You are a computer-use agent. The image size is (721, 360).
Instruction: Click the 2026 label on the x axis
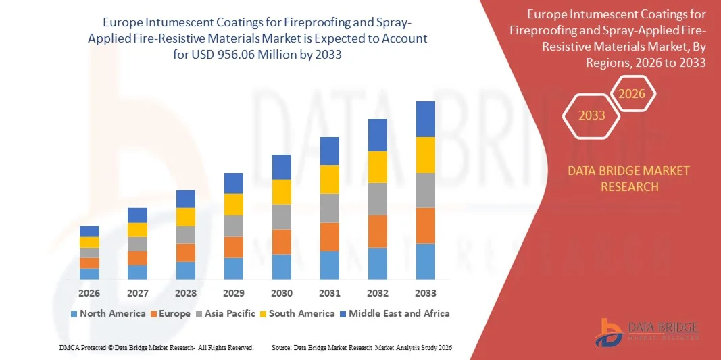(x=89, y=293)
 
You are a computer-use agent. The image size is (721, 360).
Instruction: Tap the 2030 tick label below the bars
(x=282, y=293)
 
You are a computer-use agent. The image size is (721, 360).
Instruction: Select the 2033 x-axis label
(x=425, y=293)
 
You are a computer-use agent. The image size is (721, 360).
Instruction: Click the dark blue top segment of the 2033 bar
(x=425, y=119)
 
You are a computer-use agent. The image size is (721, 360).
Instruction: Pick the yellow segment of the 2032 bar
(x=377, y=167)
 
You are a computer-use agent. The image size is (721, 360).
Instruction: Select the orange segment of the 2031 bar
(x=329, y=236)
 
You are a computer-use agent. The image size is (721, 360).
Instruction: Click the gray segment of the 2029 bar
(x=233, y=226)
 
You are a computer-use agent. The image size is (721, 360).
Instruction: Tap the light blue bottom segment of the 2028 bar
(x=185, y=270)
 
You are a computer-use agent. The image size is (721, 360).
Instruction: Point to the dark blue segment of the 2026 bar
(x=89, y=231)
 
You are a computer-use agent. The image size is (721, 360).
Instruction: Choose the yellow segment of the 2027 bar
(x=137, y=230)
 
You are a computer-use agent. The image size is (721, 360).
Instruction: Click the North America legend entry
(x=107, y=313)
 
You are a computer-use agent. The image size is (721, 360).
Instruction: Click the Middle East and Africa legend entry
(x=395, y=313)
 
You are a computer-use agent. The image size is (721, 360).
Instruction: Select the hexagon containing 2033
(x=592, y=115)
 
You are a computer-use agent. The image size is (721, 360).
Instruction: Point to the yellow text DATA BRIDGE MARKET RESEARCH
(x=629, y=178)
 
